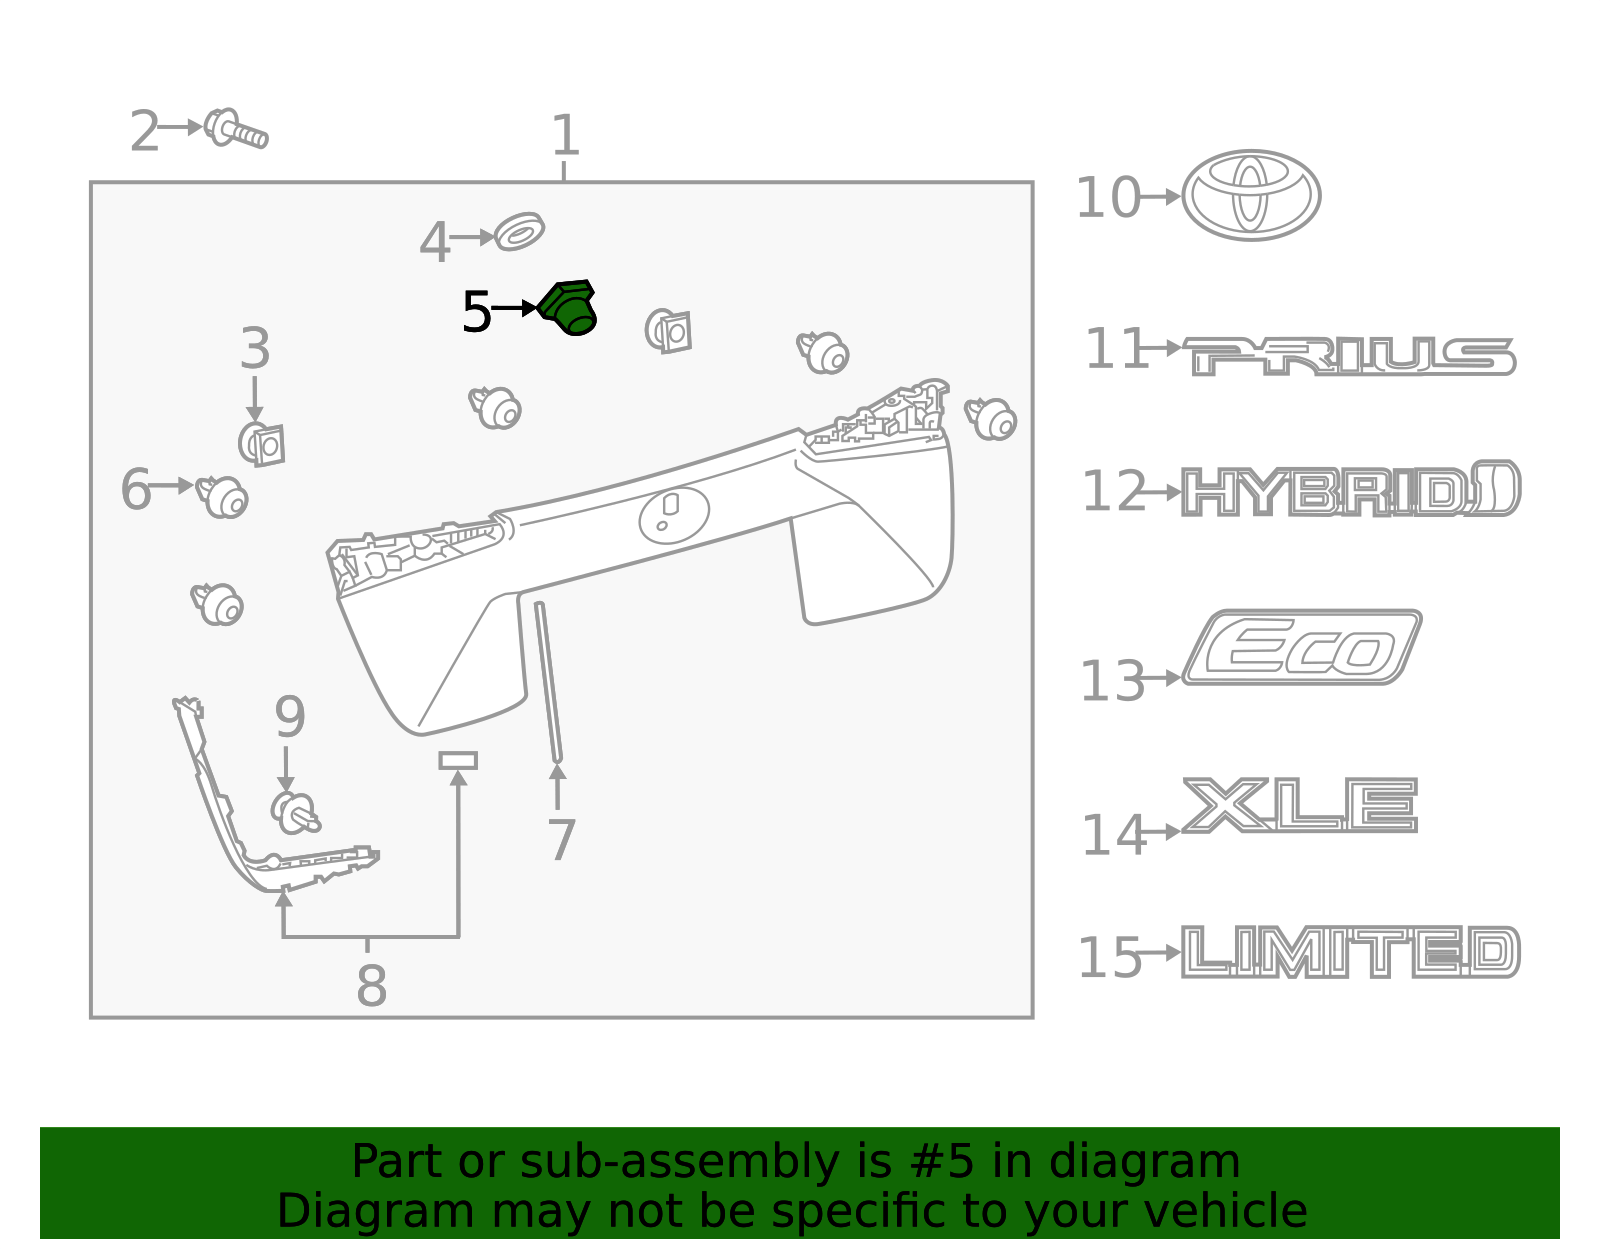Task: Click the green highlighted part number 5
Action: coord(567,308)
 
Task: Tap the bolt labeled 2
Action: coord(236,129)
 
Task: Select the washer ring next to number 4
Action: coord(519,232)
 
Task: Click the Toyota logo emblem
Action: coord(1251,196)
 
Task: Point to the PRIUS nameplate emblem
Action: coord(1349,356)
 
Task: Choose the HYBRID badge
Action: coord(1351,489)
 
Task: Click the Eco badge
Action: coord(1302,647)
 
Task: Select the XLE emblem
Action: coord(1300,805)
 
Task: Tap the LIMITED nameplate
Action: coord(1351,952)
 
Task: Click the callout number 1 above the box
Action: coord(565,135)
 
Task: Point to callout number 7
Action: coord(561,840)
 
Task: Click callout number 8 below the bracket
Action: coord(371,986)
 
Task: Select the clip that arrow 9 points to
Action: coord(295,813)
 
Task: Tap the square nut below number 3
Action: coord(261,445)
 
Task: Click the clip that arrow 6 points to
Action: coord(222,497)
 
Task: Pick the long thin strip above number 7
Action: coord(549,682)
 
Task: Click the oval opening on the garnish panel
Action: coord(674,514)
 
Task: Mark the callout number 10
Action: coord(1108,198)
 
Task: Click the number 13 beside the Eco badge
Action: coord(1112,681)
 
